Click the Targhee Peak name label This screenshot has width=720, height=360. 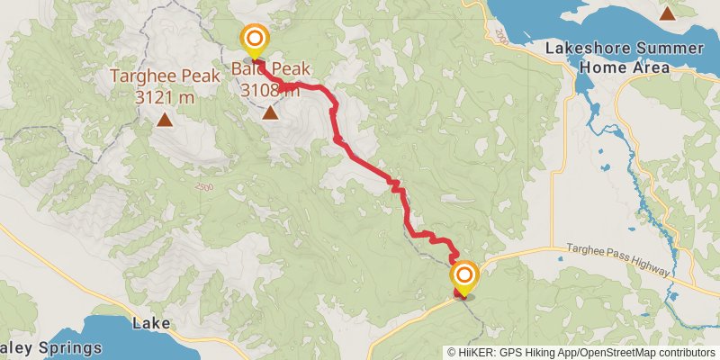[165, 77]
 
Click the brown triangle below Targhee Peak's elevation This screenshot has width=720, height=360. [165, 119]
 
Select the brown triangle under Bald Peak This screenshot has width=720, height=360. [270, 112]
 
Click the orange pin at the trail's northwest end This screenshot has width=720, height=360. [255, 39]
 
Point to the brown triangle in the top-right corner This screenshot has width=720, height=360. [667, 13]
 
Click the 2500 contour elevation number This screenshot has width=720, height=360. [204, 185]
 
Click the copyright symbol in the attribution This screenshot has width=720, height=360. [453, 352]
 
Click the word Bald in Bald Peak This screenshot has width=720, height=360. [247, 67]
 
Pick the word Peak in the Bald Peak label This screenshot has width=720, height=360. [290, 67]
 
